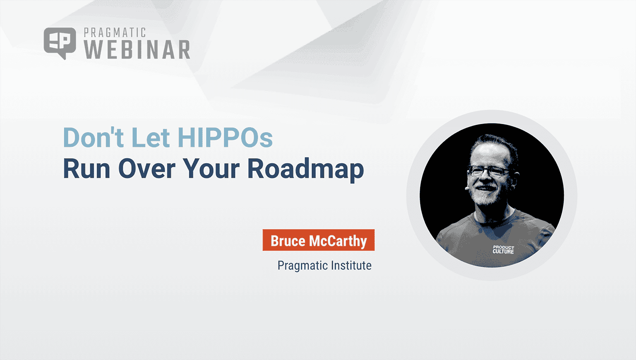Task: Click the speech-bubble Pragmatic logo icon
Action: click(x=60, y=43)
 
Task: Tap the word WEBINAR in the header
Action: click(x=137, y=50)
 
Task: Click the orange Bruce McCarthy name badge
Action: click(x=318, y=240)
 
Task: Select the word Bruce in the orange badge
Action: click(x=288, y=240)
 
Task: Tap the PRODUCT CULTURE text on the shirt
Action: click(x=503, y=249)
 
